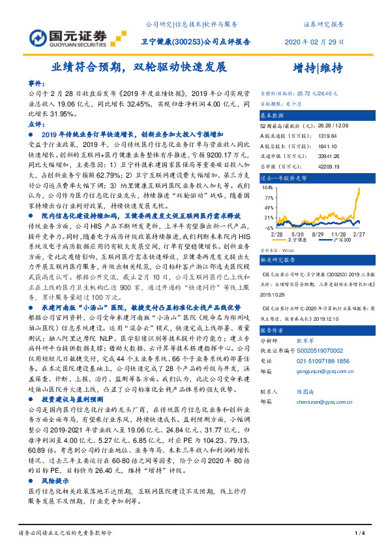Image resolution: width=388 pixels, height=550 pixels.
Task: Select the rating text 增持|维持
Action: coord(317,67)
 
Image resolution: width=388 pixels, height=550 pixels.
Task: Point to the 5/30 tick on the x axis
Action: coord(297,233)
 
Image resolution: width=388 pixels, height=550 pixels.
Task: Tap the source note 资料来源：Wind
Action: coord(277,249)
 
